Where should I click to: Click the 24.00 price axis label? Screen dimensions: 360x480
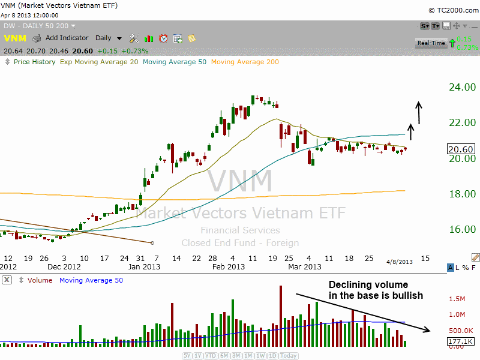[x=462, y=87]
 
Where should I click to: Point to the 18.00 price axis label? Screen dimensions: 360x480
[x=462, y=194]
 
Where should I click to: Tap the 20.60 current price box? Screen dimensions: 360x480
[x=461, y=149]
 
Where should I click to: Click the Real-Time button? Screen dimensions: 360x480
[x=431, y=43]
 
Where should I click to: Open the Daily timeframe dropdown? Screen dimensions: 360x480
[x=109, y=38]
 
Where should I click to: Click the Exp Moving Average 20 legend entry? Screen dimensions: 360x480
[x=98, y=62]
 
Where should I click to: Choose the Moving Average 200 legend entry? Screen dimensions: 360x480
[x=245, y=62]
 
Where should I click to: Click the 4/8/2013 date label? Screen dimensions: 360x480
[x=399, y=262]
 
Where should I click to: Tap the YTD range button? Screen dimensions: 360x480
[x=210, y=355]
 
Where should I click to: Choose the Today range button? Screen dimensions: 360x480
[x=289, y=355]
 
